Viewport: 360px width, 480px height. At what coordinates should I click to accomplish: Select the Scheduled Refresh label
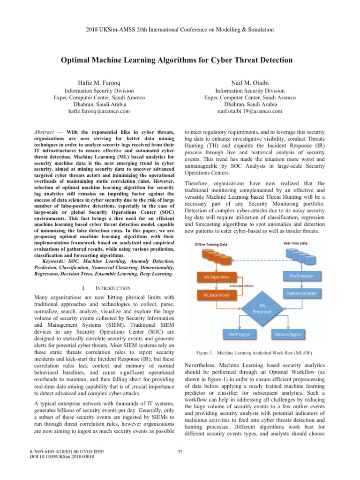tap(242, 286)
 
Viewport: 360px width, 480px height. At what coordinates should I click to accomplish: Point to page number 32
tap(180, 452)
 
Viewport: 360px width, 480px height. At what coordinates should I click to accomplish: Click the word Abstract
tap(49, 133)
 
